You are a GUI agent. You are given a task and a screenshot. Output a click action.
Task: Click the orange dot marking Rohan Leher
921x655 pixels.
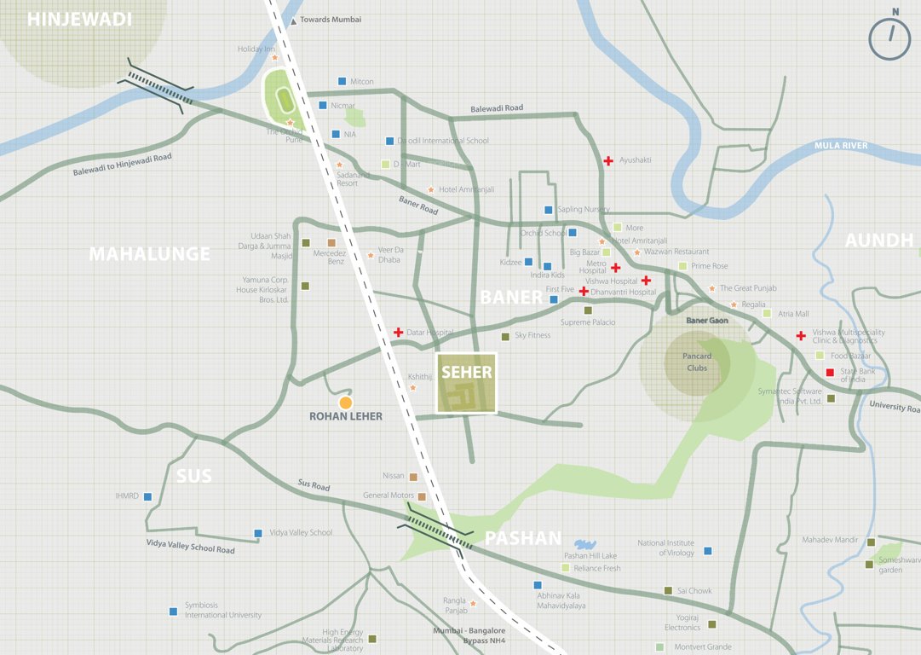tap(345, 402)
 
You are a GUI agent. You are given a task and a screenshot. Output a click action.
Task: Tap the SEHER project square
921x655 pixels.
tap(467, 383)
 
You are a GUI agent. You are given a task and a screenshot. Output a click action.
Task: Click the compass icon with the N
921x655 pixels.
tap(889, 38)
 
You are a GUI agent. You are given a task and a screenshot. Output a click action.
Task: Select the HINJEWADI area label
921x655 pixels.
tap(80, 20)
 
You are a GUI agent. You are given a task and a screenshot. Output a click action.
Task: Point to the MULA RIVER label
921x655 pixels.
tap(840, 146)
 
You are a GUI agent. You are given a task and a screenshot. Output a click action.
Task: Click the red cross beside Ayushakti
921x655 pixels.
tap(608, 160)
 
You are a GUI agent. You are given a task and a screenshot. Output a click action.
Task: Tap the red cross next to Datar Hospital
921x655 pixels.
tap(398, 332)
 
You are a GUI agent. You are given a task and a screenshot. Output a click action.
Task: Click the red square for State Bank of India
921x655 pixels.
tap(830, 373)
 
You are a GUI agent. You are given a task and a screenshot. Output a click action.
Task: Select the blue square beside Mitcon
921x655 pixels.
tap(342, 81)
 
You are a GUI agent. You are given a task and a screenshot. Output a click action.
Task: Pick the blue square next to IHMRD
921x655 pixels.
tap(147, 496)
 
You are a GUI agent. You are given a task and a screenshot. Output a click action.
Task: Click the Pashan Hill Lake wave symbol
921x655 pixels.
tap(584, 544)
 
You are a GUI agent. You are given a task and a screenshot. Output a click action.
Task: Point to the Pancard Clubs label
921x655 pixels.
tap(697, 362)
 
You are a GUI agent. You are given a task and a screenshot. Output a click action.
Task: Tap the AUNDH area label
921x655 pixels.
tap(878, 241)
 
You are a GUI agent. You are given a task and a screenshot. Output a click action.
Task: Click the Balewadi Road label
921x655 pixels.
tap(497, 108)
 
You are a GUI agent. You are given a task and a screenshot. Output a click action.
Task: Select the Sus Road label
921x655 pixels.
tap(314, 485)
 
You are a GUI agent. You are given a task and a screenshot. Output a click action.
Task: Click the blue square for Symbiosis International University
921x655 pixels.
tap(173, 611)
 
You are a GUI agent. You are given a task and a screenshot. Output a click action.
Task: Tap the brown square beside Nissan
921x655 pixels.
tap(413, 477)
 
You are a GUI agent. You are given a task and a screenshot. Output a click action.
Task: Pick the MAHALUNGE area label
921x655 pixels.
tap(149, 254)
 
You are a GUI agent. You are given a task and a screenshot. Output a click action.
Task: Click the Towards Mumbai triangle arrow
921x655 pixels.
tap(294, 20)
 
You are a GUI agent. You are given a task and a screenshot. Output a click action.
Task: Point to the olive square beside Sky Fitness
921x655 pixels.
tap(505, 336)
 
